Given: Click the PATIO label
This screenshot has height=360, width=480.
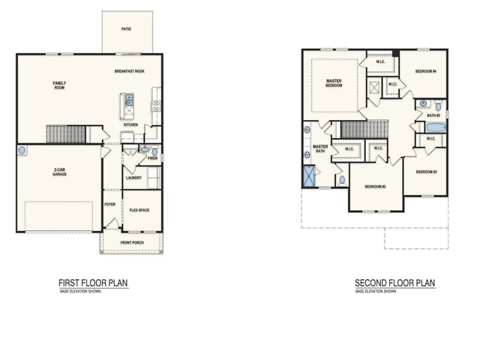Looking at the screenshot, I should click(126, 29).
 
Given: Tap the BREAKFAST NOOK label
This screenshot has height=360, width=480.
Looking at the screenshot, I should click(130, 70).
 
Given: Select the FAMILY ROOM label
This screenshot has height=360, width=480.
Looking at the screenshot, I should click(58, 85).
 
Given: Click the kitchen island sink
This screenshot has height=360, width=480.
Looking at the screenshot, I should click(129, 98).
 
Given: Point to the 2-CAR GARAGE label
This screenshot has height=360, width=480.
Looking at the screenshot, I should click(61, 172).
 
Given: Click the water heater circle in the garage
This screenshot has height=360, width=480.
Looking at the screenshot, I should click(22, 151).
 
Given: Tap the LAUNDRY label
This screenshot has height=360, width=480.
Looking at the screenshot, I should click(133, 178).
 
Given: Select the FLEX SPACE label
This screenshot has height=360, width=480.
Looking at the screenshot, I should click(139, 210).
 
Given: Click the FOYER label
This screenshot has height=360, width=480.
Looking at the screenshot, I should click(109, 203).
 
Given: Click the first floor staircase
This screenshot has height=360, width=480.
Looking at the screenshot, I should click(66, 134).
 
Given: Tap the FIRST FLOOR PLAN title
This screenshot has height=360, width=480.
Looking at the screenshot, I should click(93, 283).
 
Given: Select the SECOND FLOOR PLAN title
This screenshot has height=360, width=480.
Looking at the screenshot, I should click(394, 283).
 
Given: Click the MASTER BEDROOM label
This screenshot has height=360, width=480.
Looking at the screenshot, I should click(334, 82).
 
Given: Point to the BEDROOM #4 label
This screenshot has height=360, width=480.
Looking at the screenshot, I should click(426, 71).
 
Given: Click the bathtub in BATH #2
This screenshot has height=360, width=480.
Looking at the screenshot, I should click(436, 127).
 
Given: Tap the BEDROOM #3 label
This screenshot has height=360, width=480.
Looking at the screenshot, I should click(425, 172).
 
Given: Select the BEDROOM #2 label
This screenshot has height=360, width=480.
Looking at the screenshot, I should click(375, 186).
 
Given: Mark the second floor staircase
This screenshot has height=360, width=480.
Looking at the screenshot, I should click(364, 130).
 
